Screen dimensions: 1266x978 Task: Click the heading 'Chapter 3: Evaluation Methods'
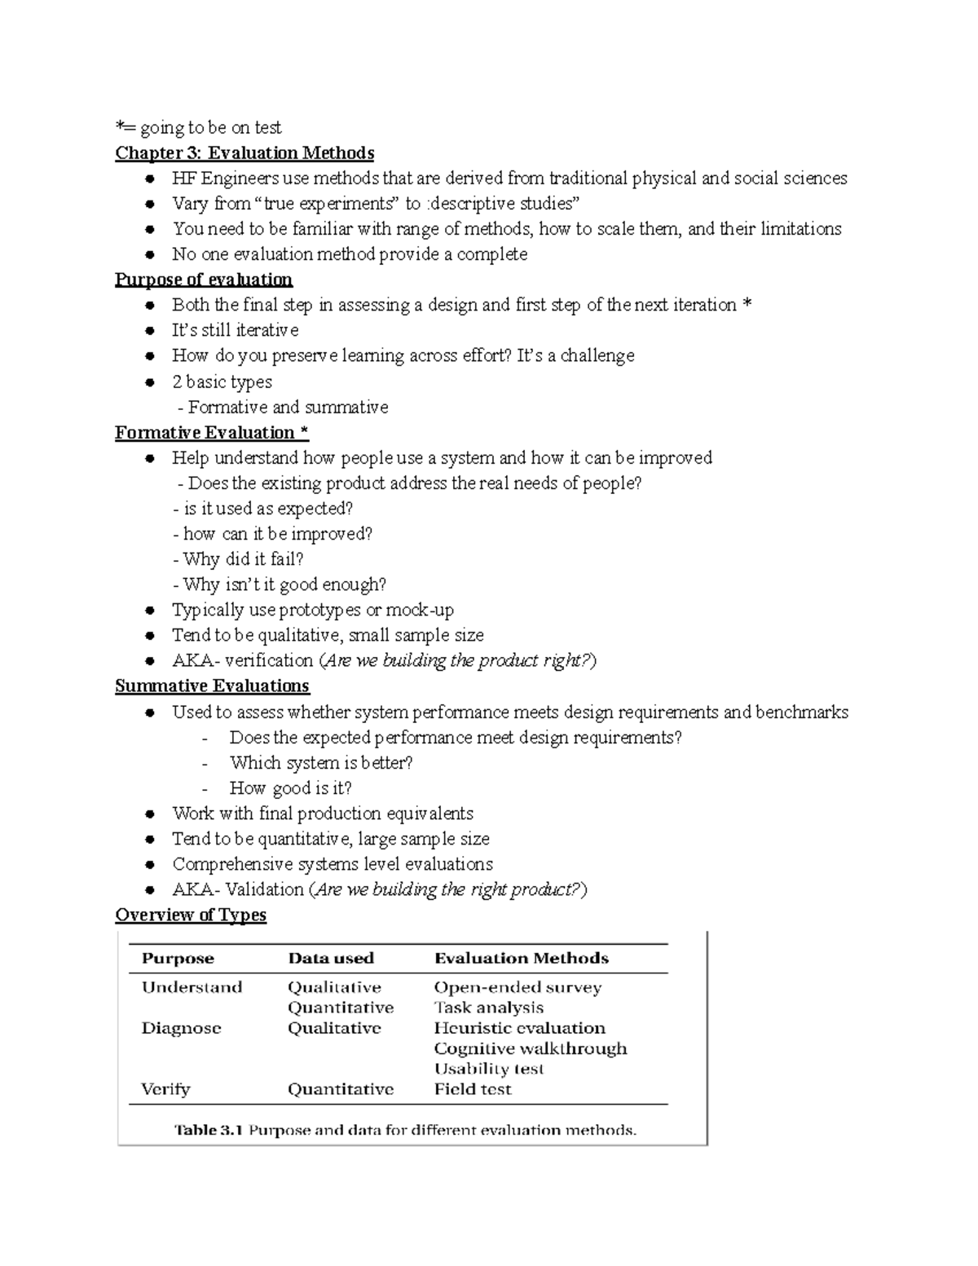click(x=244, y=153)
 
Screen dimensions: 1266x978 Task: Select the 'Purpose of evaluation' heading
click(x=204, y=280)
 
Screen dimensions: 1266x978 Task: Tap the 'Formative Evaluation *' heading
click(x=212, y=432)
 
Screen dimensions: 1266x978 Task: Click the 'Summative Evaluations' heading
click(x=212, y=686)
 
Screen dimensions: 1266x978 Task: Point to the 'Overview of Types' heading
click(x=191, y=915)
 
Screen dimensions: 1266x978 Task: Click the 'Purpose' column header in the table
click(x=178, y=959)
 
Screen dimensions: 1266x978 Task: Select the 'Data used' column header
click(x=331, y=959)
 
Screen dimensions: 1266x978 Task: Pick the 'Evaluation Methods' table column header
click(x=522, y=959)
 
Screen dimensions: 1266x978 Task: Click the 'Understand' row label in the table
click(x=192, y=987)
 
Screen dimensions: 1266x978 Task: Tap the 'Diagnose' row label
click(x=181, y=1028)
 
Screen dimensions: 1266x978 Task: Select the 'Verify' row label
click(x=165, y=1089)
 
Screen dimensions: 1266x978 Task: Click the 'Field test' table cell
click(x=473, y=1089)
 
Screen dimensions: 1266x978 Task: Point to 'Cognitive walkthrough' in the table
click(x=531, y=1048)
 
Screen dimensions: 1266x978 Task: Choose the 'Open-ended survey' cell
click(x=518, y=987)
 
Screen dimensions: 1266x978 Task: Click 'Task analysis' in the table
click(x=488, y=1008)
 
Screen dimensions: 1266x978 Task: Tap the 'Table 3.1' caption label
click(x=209, y=1130)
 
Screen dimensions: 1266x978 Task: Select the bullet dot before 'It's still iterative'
click(x=149, y=331)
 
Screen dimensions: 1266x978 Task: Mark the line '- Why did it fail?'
click(x=239, y=559)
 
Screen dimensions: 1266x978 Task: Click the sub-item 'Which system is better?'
click(x=321, y=762)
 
